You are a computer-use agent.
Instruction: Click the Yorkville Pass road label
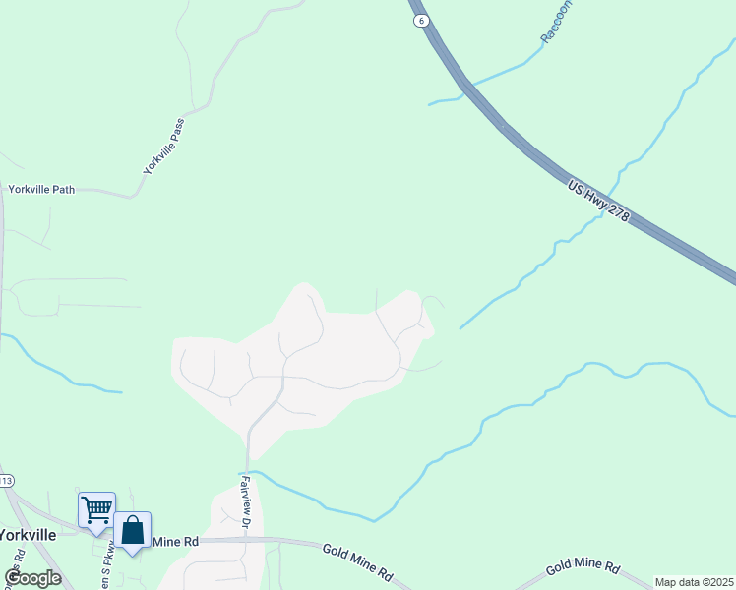pos(163,147)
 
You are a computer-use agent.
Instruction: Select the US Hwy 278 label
pos(597,200)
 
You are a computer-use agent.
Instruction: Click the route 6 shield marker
pos(421,20)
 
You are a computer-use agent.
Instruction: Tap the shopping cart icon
pos(96,510)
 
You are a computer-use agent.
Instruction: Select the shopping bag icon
pos(132,530)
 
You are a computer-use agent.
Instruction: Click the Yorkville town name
pos(27,535)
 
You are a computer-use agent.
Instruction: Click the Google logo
pos(33,578)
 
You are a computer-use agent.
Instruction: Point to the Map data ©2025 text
pos(695,582)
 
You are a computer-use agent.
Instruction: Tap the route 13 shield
pos(5,481)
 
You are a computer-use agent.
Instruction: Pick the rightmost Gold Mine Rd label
pos(583,567)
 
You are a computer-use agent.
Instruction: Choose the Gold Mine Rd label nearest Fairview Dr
pos(358,560)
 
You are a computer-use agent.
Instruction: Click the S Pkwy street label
pos(104,570)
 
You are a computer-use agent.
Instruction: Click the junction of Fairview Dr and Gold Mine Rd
pos(246,539)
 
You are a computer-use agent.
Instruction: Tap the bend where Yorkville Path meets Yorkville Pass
pos(132,196)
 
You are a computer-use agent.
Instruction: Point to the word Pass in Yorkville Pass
pos(176,129)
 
